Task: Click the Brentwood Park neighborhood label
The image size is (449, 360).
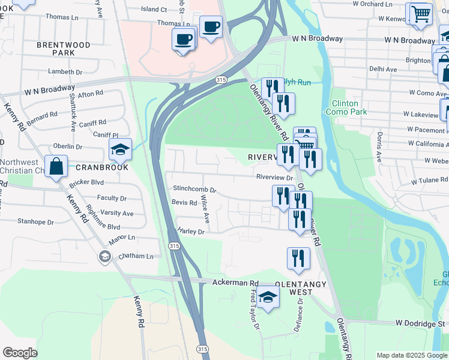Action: tap(63, 49)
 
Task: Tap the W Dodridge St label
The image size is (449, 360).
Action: tap(420, 323)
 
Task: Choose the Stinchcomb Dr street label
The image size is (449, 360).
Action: tap(194, 189)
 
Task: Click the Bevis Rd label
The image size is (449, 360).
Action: tap(184, 203)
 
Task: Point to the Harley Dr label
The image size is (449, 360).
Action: tap(191, 231)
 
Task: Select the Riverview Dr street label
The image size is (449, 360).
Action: tap(274, 178)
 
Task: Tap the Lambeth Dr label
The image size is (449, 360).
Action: tap(65, 72)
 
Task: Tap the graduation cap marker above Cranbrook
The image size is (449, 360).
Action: tap(120, 150)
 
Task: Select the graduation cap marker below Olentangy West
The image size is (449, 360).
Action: tap(268, 298)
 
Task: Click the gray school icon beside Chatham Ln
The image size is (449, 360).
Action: tap(105, 257)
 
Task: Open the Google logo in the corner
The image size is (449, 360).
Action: tap(20, 353)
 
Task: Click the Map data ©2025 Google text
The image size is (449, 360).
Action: tap(412, 355)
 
